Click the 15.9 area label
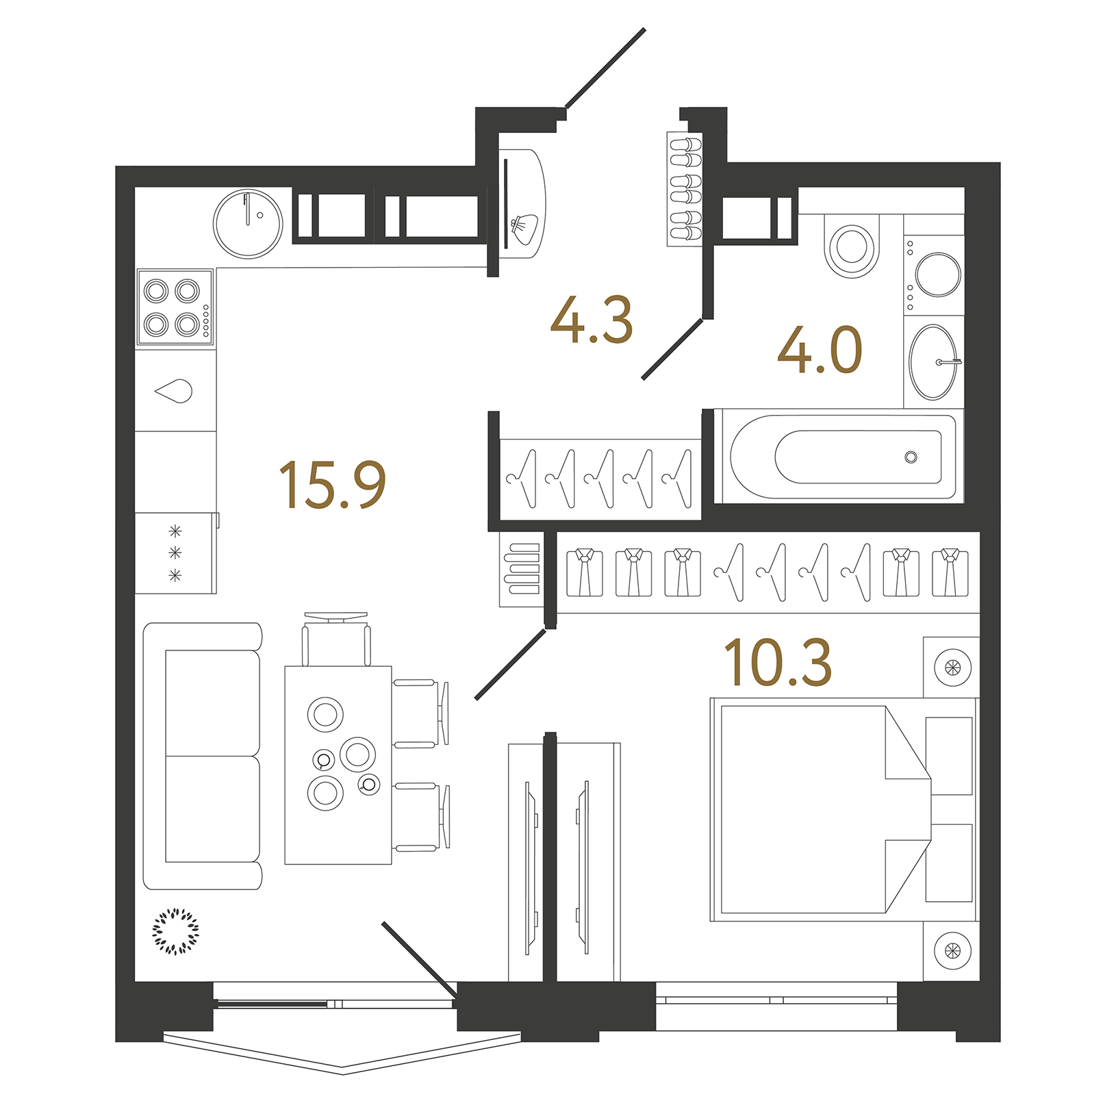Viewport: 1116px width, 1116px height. tap(333, 485)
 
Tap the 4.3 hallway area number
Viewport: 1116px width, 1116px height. tap(592, 320)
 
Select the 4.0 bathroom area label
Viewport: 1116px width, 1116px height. tap(820, 351)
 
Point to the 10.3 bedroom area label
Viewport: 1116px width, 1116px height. tap(778, 662)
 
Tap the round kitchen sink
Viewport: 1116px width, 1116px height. tap(248, 223)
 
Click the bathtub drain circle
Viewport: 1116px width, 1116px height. tap(911, 457)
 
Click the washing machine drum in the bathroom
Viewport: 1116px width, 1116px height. tap(939, 275)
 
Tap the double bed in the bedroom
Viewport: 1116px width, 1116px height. tap(822, 809)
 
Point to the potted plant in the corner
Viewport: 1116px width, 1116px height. tap(176, 931)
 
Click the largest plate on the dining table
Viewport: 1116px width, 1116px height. tap(358, 754)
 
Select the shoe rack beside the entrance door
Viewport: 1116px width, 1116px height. tap(685, 188)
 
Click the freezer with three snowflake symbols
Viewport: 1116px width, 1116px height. tap(176, 553)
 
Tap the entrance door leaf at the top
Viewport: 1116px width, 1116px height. tap(605, 68)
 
